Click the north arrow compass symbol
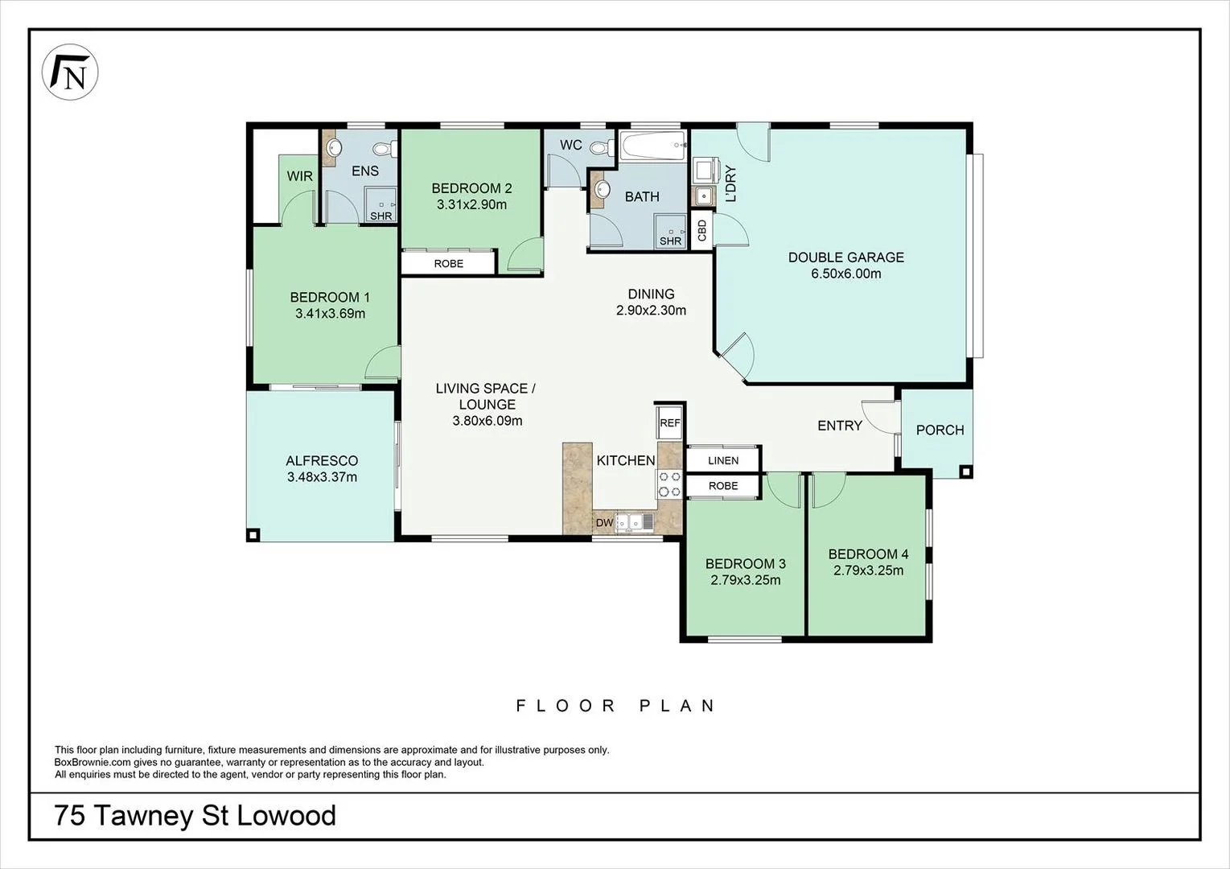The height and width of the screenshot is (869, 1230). [x=70, y=72]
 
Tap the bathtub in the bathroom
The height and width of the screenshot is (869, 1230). [x=653, y=146]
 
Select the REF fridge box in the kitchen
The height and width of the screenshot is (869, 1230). [x=670, y=422]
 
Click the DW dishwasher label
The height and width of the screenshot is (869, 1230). [x=604, y=522]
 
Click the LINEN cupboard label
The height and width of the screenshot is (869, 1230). [x=723, y=460]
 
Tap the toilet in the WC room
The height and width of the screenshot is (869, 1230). [x=603, y=147]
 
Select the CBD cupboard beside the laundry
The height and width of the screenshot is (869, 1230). [x=701, y=230]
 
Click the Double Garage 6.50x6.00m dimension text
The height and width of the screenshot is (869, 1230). [x=846, y=274]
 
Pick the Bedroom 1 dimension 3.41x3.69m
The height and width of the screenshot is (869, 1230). [x=330, y=314]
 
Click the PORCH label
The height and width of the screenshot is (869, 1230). [x=940, y=430]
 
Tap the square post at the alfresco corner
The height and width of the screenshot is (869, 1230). [x=253, y=534]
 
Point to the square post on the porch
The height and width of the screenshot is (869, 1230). [x=966, y=472]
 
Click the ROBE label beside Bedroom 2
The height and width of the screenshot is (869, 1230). [x=449, y=264]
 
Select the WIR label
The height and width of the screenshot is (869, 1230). [x=300, y=176]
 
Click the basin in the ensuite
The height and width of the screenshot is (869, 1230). [x=333, y=147]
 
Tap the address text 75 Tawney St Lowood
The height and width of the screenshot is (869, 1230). [x=195, y=815]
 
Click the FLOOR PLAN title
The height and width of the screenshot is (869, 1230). [x=615, y=706]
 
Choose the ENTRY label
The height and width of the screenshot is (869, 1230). [x=840, y=426]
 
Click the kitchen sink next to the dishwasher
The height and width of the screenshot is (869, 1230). [x=634, y=522]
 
